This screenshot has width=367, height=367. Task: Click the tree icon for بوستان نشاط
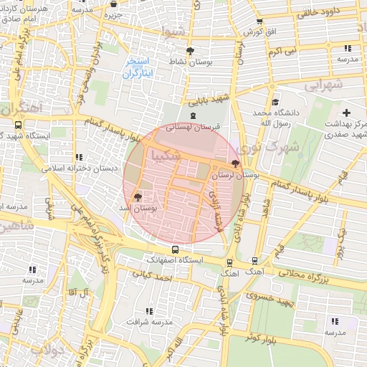190,51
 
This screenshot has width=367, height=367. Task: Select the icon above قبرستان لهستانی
191,116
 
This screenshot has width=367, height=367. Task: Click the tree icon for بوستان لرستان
236,164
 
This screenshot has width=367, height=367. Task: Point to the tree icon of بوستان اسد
138,196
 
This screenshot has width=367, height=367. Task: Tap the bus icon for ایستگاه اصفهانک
176,249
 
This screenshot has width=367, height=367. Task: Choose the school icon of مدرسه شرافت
149,311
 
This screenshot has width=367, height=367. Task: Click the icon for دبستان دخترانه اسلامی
78,157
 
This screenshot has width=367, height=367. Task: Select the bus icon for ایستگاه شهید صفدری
19,123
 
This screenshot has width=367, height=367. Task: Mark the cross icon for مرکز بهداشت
347,113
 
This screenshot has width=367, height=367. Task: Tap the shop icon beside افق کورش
259,22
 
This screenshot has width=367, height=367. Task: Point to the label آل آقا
76,292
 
